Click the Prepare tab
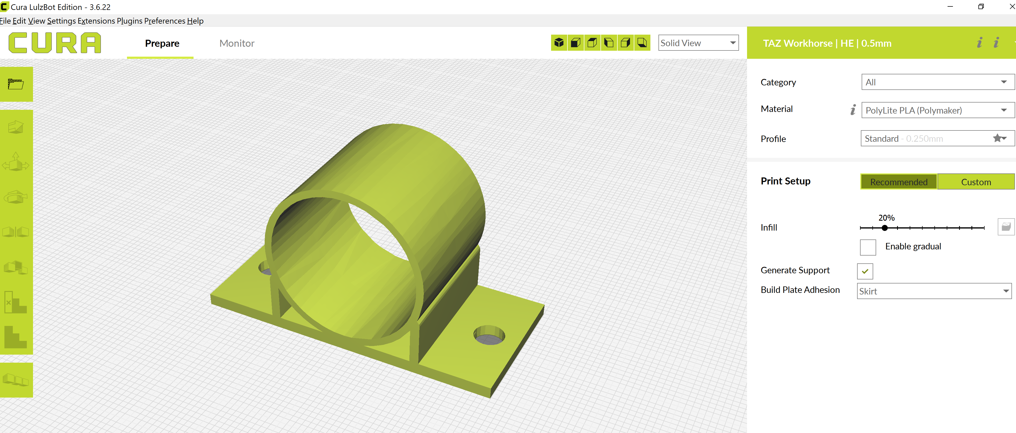point(162,43)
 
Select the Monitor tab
point(237,43)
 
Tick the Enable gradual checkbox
point(868,247)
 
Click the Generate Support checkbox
point(865,271)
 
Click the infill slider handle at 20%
point(885,228)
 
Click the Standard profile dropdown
point(937,139)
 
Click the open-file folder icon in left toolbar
point(16,84)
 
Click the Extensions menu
point(96,21)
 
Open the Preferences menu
point(165,21)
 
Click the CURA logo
point(55,43)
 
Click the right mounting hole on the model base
point(489,335)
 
